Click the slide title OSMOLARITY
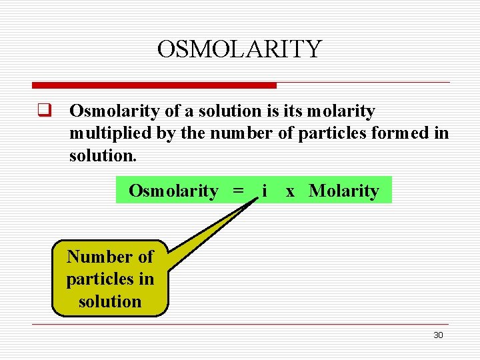point(239,49)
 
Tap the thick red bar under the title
point(154,85)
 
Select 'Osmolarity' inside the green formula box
point(173,191)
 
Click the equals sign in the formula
point(238,191)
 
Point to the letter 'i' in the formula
point(265,191)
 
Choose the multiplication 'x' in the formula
point(290,191)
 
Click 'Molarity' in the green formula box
point(344,191)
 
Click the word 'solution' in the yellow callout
point(110,301)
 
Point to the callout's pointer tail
point(213,230)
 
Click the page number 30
point(438,335)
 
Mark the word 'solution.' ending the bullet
point(103,156)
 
